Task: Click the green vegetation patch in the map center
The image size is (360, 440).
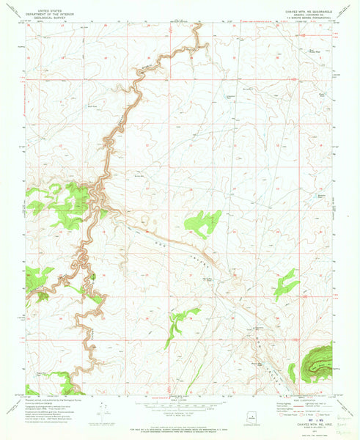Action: pyautogui.click(x=202, y=221)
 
